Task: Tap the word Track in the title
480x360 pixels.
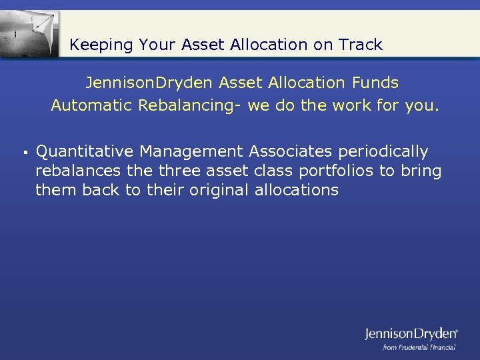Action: (x=361, y=45)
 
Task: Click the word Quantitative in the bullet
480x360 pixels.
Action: (x=85, y=152)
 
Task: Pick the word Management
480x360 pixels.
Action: (x=191, y=152)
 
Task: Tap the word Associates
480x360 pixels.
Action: (x=292, y=152)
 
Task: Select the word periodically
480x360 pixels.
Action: (x=386, y=152)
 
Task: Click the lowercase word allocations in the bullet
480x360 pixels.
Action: (x=297, y=190)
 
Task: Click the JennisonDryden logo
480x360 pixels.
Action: (x=411, y=333)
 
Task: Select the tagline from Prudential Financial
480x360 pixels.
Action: (x=419, y=347)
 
